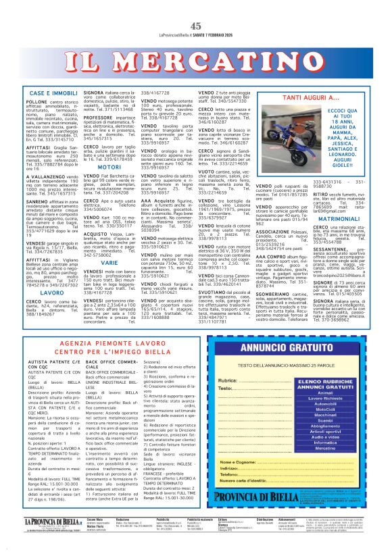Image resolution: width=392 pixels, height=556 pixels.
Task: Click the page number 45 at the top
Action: click(196, 8)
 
